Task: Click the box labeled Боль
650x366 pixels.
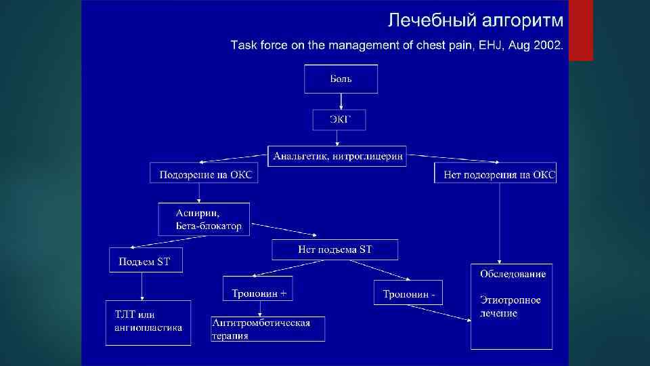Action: pyautogui.click(x=341, y=79)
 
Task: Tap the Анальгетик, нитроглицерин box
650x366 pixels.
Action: pyautogui.click(x=338, y=157)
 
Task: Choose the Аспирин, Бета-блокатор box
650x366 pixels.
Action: pyautogui.click(x=204, y=219)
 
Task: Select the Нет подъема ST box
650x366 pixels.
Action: pyautogui.click(x=334, y=249)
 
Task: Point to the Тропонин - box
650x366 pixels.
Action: pyautogui.click(x=408, y=293)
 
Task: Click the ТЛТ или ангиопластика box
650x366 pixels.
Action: pyautogui.click(x=148, y=322)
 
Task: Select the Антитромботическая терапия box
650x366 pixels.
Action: pyautogui.click(x=267, y=329)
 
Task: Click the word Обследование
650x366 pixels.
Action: pyautogui.click(x=513, y=274)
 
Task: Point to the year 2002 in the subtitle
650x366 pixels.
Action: pyautogui.click(x=547, y=45)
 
